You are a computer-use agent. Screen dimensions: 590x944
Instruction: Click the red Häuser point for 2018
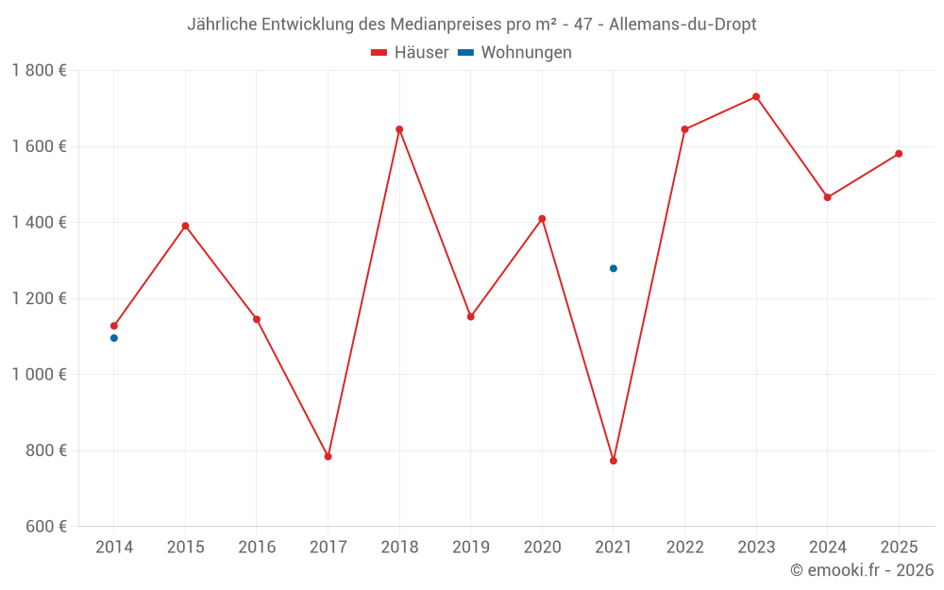tap(399, 129)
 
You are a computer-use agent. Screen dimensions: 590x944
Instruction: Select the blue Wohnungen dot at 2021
tap(614, 268)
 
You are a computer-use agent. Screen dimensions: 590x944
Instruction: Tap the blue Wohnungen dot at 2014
tap(114, 338)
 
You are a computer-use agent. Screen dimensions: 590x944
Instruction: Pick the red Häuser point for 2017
tap(328, 457)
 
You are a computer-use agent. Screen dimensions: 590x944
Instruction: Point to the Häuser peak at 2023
tap(756, 96)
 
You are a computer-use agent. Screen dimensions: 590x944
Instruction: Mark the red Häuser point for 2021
tap(614, 461)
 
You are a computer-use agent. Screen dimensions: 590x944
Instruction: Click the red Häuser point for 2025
tap(899, 154)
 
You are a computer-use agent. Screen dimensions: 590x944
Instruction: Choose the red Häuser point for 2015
tap(185, 226)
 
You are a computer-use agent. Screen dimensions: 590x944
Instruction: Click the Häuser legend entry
tap(410, 53)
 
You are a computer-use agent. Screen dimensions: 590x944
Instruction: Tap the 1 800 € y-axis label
tap(39, 71)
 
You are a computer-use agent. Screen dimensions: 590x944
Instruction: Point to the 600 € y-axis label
tap(43, 527)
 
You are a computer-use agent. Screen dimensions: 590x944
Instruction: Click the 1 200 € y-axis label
tap(39, 298)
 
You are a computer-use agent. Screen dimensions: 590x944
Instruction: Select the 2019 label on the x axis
tap(470, 548)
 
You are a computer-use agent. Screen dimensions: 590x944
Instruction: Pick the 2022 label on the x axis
tap(684, 548)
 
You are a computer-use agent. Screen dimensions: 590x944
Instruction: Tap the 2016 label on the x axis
tap(257, 548)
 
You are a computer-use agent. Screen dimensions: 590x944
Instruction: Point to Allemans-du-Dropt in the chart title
tap(683, 25)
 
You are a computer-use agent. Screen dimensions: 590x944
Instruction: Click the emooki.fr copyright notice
tap(862, 570)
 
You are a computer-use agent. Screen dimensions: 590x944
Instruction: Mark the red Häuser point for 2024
tap(827, 197)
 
